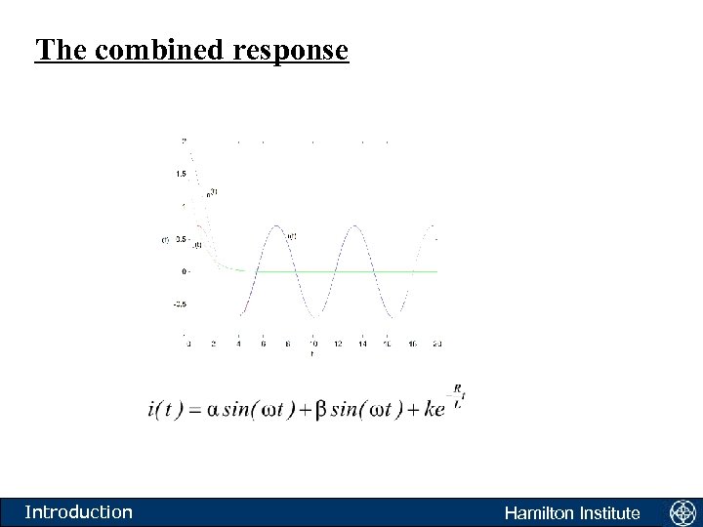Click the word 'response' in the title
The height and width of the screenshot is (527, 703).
pyautogui.click(x=291, y=50)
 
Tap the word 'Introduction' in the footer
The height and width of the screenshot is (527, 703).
pyautogui.click(x=78, y=511)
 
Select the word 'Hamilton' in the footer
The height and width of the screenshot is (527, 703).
pyautogui.click(x=541, y=512)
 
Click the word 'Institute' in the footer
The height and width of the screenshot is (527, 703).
pyautogui.click(x=609, y=512)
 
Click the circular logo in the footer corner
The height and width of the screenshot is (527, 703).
pyautogui.click(x=681, y=511)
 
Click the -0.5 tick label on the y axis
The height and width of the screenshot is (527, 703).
pyautogui.click(x=180, y=304)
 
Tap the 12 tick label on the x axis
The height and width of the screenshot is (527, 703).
pyautogui.click(x=337, y=344)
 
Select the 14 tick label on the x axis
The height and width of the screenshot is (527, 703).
pyautogui.click(x=362, y=344)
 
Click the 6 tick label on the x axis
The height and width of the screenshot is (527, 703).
pyautogui.click(x=263, y=344)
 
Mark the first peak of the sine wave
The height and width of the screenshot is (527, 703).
pyautogui.click(x=276, y=226)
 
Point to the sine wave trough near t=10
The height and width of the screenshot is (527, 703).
pyautogui.click(x=314, y=316)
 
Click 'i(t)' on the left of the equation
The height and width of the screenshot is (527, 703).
pyautogui.click(x=165, y=408)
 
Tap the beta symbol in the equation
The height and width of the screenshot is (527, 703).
pyautogui.click(x=322, y=408)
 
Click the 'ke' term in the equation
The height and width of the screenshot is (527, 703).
pyautogui.click(x=434, y=408)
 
